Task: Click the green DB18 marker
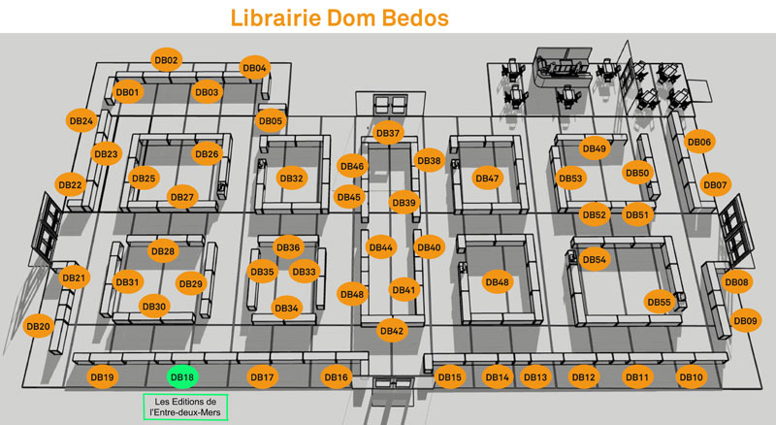tap(182, 376)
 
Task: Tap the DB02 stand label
tap(166, 60)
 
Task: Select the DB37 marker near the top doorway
tap(388, 133)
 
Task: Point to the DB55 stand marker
tap(660, 302)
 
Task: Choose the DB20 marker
tap(39, 326)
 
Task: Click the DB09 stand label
tap(745, 320)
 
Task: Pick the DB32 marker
tap(292, 178)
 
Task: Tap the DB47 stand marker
tap(488, 178)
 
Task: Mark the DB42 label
tap(392, 330)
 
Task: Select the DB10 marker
tap(692, 376)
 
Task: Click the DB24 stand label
tap(81, 120)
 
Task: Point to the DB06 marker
tap(699, 142)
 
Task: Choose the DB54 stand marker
tap(595, 259)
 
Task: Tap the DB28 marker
tap(163, 251)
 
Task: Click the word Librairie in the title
tap(275, 17)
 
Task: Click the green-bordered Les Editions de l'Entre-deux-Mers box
tap(185, 407)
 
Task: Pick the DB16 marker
tap(337, 376)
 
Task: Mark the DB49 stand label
tap(595, 148)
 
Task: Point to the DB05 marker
tap(271, 120)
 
